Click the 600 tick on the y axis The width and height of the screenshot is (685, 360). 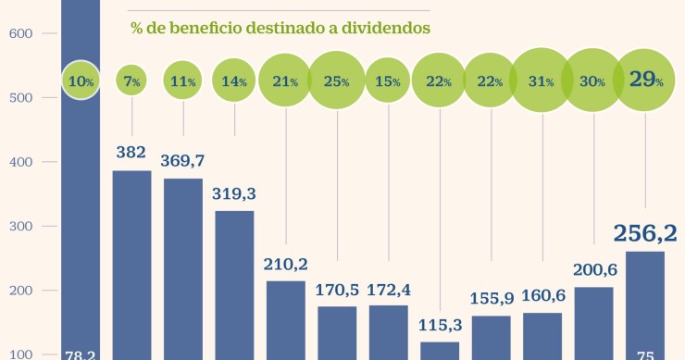[x=20, y=34]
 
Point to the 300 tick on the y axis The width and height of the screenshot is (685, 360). [x=20, y=227]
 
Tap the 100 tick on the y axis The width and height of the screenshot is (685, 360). [x=20, y=354]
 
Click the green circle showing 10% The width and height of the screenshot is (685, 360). [x=81, y=81]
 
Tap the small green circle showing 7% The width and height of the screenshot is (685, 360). [x=132, y=81]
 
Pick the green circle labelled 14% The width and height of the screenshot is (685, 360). [x=235, y=81]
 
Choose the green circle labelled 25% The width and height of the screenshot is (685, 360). [x=337, y=81]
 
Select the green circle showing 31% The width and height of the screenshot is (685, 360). [x=542, y=81]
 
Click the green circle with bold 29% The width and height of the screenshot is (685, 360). [x=645, y=81]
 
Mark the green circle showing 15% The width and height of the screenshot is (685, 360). [x=389, y=81]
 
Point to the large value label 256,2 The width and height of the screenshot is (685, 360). [x=644, y=231]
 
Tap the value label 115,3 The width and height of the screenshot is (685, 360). [x=440, y=326]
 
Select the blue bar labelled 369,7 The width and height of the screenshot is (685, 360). [x=183, y=268]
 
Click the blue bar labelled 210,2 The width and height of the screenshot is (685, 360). [x=286, y=319]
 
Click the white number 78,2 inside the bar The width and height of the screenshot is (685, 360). [x=81, y=353]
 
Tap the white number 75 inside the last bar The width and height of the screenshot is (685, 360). [x=645, y=353]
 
